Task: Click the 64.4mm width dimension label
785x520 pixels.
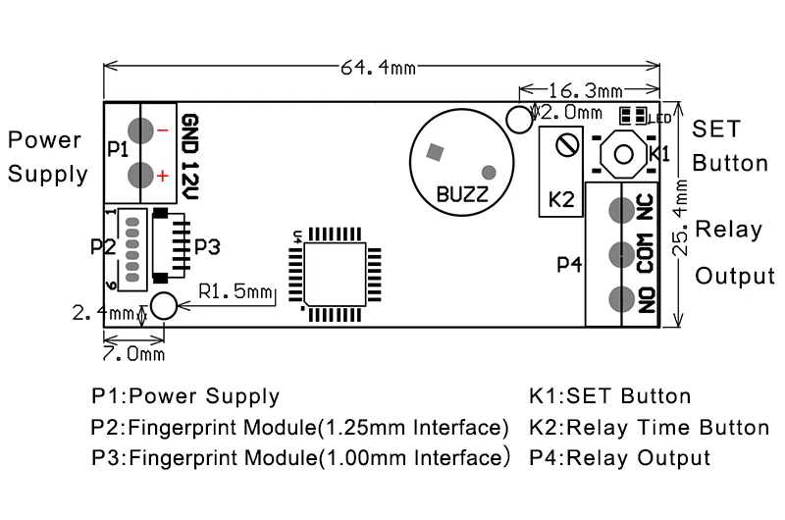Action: [378, 67]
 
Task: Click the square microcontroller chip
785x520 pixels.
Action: [334, 269]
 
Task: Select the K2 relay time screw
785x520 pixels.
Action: [565, 144]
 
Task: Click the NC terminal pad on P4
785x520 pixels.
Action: [619, 210]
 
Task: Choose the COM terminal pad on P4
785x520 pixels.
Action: [619, 254]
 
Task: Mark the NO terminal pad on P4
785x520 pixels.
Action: [619, 298]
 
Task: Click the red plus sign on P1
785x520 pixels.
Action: [162, 176]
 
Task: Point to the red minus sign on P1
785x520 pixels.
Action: [162, 129]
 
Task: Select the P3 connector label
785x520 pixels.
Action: [207, 244]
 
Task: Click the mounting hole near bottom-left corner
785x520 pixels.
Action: [164, 306]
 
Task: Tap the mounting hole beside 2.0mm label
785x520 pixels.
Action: [517, 120]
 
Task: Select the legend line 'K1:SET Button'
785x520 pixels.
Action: [609, 397]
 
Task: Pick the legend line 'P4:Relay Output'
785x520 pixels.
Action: [618, 457]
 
